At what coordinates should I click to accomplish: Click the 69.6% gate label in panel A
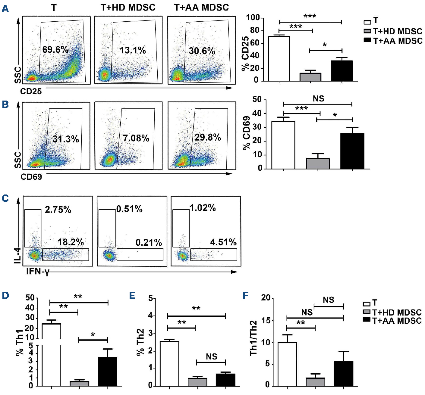(55, 49)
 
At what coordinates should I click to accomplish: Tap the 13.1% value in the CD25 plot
(133, 50)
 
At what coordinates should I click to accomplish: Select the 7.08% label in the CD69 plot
(136, 138)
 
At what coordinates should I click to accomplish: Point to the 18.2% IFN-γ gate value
(71, 242)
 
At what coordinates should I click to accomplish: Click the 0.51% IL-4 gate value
(129, 209)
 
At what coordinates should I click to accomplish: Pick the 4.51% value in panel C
(223, 242)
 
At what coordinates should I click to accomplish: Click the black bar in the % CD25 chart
(342, 71)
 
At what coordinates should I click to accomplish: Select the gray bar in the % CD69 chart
(318, 163)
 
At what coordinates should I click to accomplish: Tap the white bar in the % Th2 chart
(169, 363)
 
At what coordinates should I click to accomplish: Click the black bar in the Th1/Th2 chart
(343, 373)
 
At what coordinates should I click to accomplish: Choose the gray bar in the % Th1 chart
(79, 384)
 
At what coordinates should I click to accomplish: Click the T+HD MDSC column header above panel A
(128, 7)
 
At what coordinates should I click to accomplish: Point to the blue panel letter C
(5, 198)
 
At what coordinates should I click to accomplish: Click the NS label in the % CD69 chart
(318, 98)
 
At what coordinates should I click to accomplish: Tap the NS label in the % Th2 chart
(211, 357)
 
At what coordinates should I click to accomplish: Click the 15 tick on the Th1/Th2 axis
(266, 320)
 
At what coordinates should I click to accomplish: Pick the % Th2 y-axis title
(140, 342)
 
